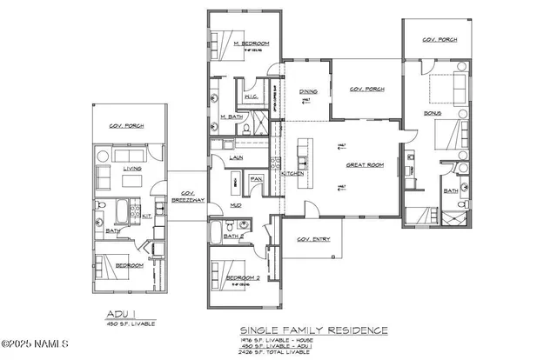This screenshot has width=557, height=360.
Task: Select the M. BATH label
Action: [230, 117]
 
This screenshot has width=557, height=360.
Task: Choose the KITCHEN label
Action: [292, 173]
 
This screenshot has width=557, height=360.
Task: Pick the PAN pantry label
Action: [256, 179]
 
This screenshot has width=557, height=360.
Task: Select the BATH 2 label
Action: [232, 236]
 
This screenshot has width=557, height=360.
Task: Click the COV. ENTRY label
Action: [313, 239]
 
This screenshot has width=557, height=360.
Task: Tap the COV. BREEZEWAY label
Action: [187, 196]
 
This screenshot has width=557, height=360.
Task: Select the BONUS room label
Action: [433, 114]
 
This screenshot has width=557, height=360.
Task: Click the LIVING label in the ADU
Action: [132, 169]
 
